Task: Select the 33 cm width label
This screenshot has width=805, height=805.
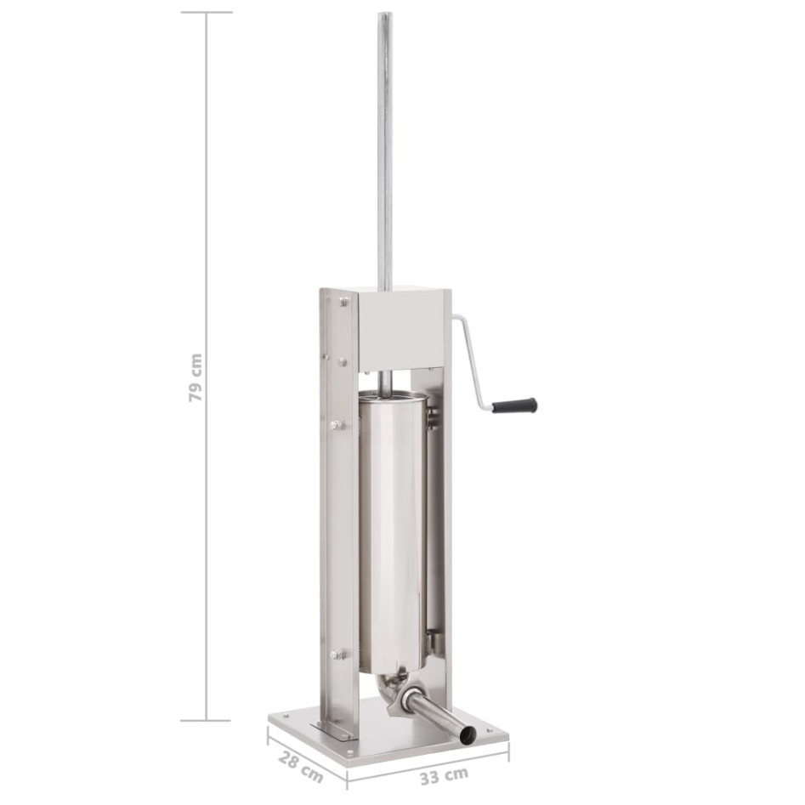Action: tap(444, 776)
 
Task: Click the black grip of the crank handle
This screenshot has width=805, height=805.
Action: tap(514, 405)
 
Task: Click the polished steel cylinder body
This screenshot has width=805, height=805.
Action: tap(392, 534)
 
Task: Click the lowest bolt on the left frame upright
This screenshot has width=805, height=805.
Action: tap(337, 654)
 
